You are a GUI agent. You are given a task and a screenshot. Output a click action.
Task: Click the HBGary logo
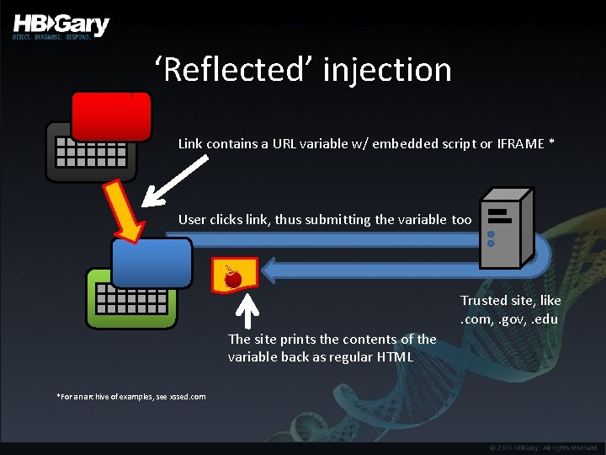61,25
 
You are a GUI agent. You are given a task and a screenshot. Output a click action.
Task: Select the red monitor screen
111,115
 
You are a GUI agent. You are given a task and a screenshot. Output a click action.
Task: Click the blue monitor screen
152,262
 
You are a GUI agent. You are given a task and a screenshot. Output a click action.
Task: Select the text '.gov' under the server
508,318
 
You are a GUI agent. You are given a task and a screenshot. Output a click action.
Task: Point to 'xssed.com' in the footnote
187,396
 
